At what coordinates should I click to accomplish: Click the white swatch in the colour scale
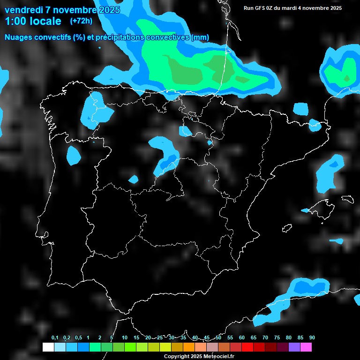(48, 347)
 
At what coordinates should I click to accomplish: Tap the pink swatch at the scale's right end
(306, 347)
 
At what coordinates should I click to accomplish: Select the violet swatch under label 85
(294, 347)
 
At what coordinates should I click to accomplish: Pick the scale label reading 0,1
(55, 338)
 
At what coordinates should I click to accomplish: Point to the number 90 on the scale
(312, 338)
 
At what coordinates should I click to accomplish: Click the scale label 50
(218, 338)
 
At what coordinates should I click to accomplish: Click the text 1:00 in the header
(15, 21)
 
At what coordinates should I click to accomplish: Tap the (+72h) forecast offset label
(81, 21)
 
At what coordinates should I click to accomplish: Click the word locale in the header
(45, 21)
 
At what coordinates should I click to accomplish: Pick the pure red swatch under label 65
(247, 347)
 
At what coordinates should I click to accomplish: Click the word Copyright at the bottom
(177, 357)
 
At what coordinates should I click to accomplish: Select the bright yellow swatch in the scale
(165, 347)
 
